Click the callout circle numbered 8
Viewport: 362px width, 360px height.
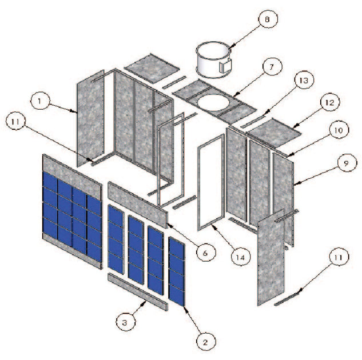[x=266, y=19]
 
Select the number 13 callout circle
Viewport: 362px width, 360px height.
[x=303, y=81]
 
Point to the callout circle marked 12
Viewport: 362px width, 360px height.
[x=327, y=103]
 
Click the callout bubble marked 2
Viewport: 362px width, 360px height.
[x=204, y=342]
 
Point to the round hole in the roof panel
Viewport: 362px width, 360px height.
[x=212, y=102]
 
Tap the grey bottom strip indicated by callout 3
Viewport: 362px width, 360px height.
[x=137, y=291]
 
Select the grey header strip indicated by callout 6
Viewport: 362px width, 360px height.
[x=137, y=203]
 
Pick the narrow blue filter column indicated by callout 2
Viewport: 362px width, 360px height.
[x=177, y=271]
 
